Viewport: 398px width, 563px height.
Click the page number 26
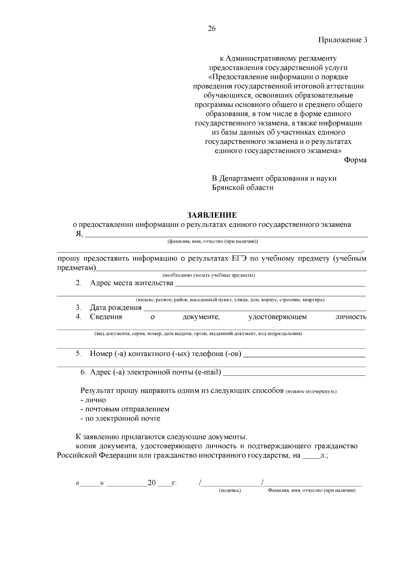click(212, 29)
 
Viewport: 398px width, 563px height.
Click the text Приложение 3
click(343, 40)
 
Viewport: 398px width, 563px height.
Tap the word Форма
click(355, 160)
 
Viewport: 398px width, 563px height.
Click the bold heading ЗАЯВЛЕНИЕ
click(212, 215)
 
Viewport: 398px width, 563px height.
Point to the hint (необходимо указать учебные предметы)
click(209, 275)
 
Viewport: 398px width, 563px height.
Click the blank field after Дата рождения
click(254, 308)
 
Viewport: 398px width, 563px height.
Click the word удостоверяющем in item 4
click(277, 317)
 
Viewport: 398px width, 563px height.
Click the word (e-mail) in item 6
click(208, 372)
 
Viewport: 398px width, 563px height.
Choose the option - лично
click(94, 400)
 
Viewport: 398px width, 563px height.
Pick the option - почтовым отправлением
click(125, 409)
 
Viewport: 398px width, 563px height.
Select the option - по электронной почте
click(121, 418)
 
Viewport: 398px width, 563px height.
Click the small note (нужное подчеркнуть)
click(311, 391)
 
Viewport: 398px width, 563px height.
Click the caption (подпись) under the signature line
click(230, 490)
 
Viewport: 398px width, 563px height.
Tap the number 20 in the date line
click(152, 483)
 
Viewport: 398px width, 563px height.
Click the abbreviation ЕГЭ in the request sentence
click(239, 258)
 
